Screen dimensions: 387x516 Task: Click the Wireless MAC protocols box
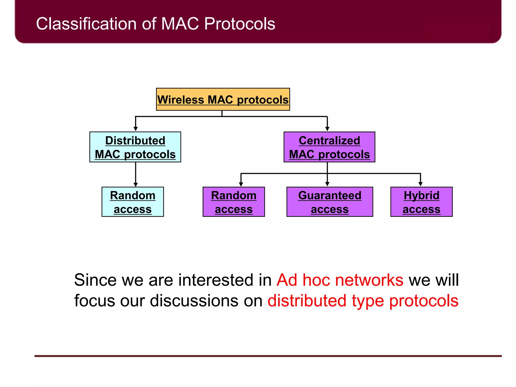pyautogui.click(x=223, y=99)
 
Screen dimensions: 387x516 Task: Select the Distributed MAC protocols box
pyautogui.click(x=135, y=147)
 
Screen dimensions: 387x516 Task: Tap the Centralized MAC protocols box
pyautogui.click(x=329, y=147)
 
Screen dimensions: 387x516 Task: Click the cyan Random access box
pyautogui.click(x=133, y=202)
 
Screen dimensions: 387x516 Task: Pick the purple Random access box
pyautogui.click(x=234, y=202)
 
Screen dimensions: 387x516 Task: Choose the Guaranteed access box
pyautogui.click(x=330, y=202)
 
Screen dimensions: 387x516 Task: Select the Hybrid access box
pyautogui.click(x=421, y=202)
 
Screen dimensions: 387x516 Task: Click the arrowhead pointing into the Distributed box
pyautogui.click(x=136, y=129)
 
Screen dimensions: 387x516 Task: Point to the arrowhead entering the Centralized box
pyautogui.click(x=327, y=129)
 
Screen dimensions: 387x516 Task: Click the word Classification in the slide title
pyautogui.click(x=86, y=24)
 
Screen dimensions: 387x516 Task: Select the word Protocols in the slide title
pyautogui.click(x=239, y=24)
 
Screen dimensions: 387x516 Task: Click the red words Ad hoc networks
pyautogui.click(x=340, y=280)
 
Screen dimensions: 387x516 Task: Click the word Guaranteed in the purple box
pyautogui.click(x=330, y=196)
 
